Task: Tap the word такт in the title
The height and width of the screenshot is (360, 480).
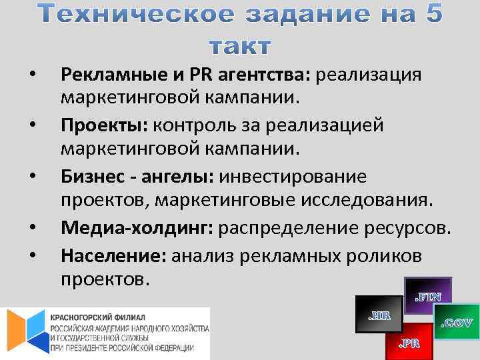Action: pyautogui.click(x=240, y=47)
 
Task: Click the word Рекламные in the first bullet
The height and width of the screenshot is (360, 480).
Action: pyautogui.click(x=109, y=74)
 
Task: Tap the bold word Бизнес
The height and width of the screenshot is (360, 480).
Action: pyautogui.click(x=93, y=177)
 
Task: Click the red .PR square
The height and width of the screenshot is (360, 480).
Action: pyautogui.click(x=409, y=343)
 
